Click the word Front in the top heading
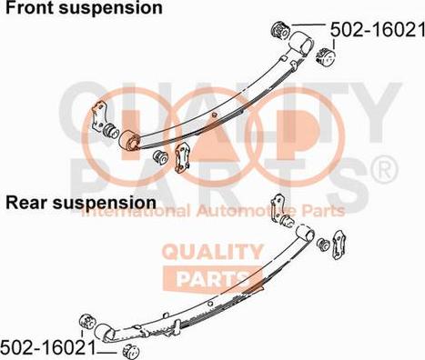pyautogui.click(x=29, y=7)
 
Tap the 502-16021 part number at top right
pyautogui.click(x=378, y=30)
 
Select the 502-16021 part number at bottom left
pyautogui.click(x=47, y=347)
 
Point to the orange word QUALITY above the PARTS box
pyautogui.click(x=212, y=252)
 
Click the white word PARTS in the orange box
pyautogui.click(x=212, y=279)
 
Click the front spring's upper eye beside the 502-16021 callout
pyautogui.click(x=299, y=43)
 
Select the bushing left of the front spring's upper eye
pyautogui.click(x=280, y=31)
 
